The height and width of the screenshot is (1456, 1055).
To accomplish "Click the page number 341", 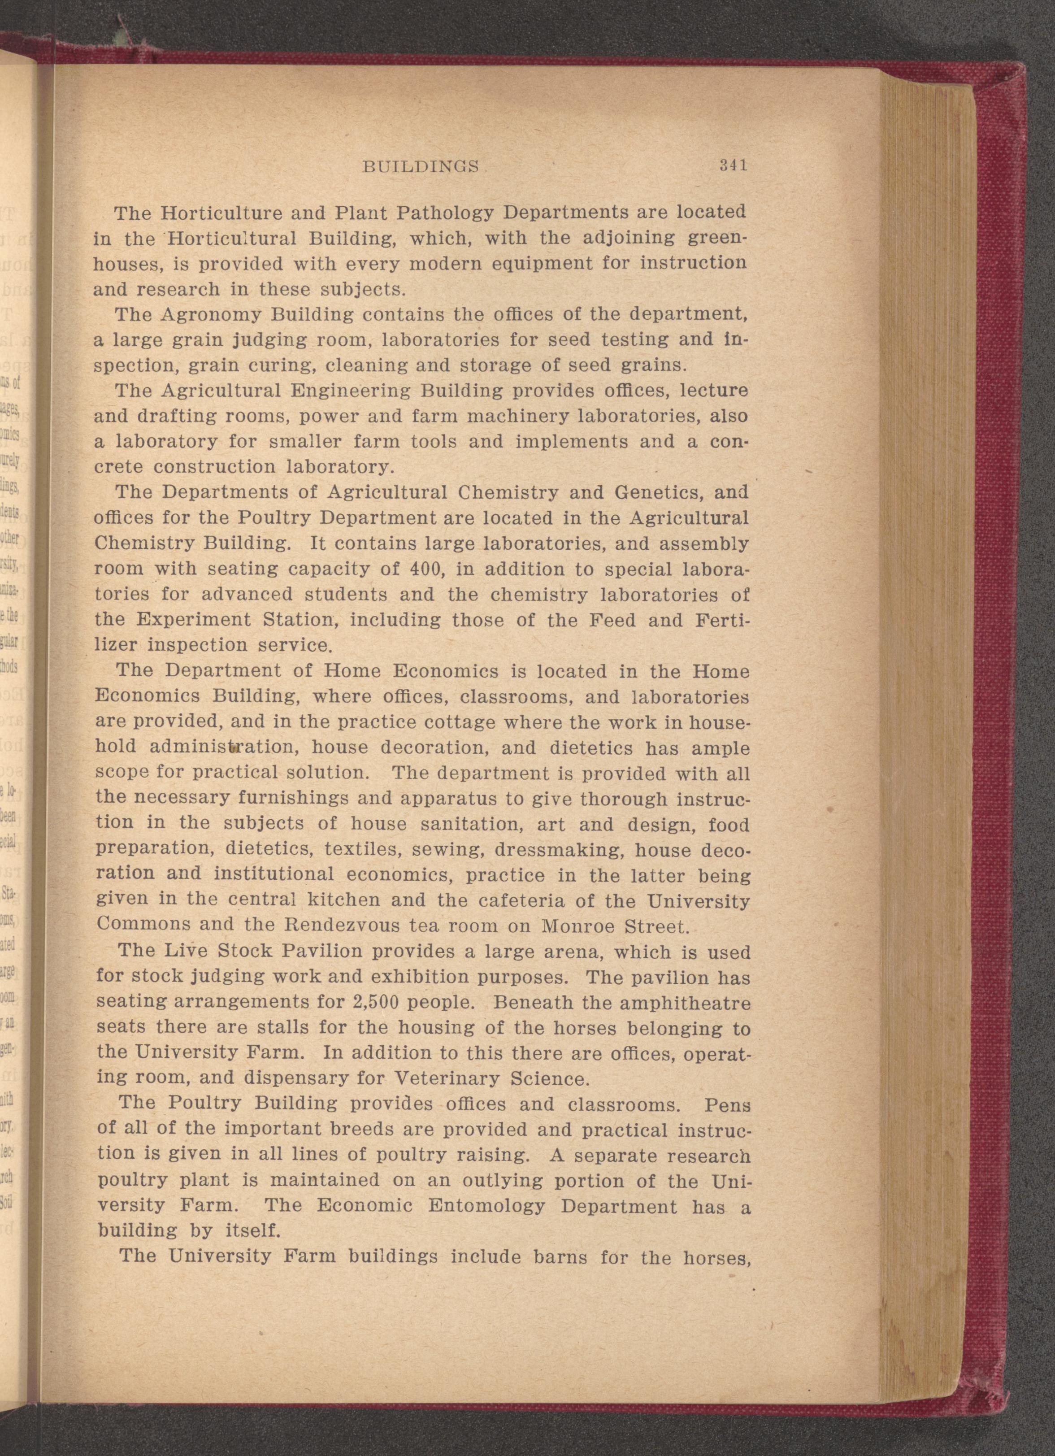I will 733,165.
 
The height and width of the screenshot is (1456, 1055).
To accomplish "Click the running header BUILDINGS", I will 421,167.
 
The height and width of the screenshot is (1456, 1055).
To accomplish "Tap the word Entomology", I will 486,1206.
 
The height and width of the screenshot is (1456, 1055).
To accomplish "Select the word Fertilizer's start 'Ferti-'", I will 722,621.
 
